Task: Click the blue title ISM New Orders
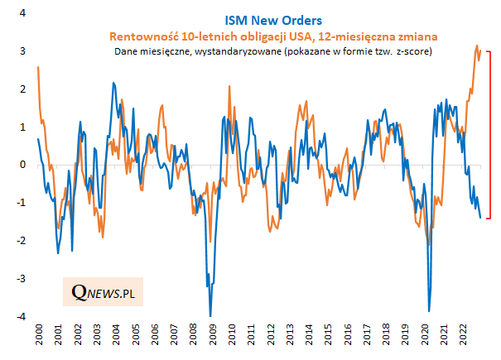273,19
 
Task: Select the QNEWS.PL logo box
104,291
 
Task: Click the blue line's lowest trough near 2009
210,315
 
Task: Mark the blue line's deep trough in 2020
428,310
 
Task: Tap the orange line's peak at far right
476,46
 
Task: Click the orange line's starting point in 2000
38,67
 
